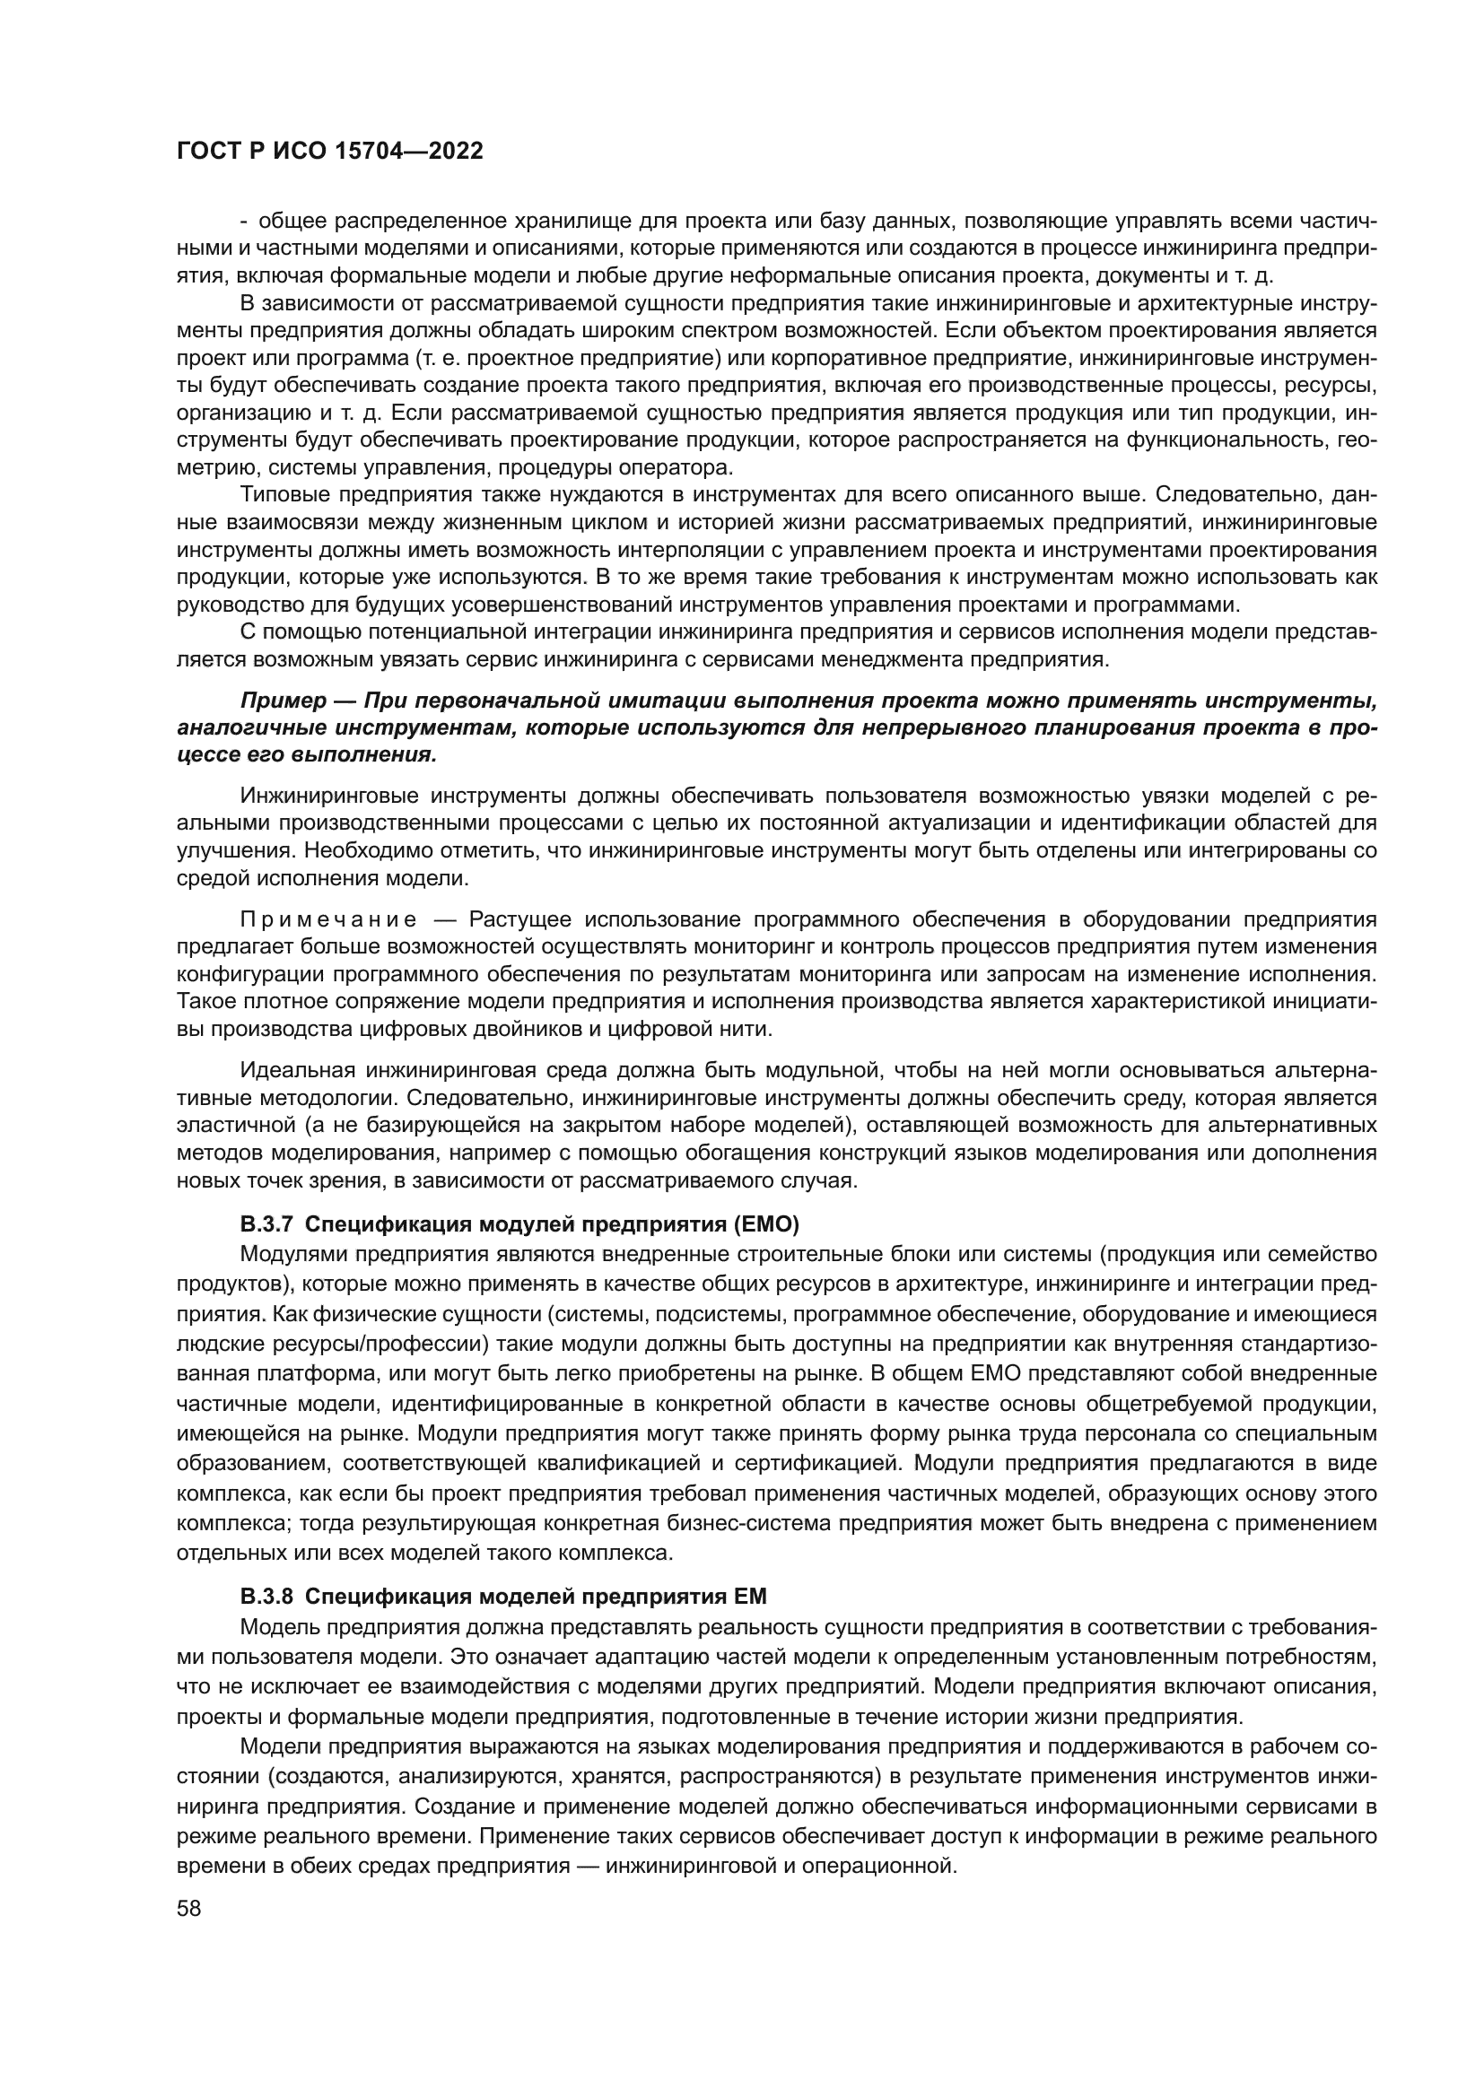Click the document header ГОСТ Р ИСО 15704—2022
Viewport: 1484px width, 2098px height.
pos(329,152)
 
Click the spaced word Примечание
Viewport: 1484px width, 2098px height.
pos(328,918)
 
